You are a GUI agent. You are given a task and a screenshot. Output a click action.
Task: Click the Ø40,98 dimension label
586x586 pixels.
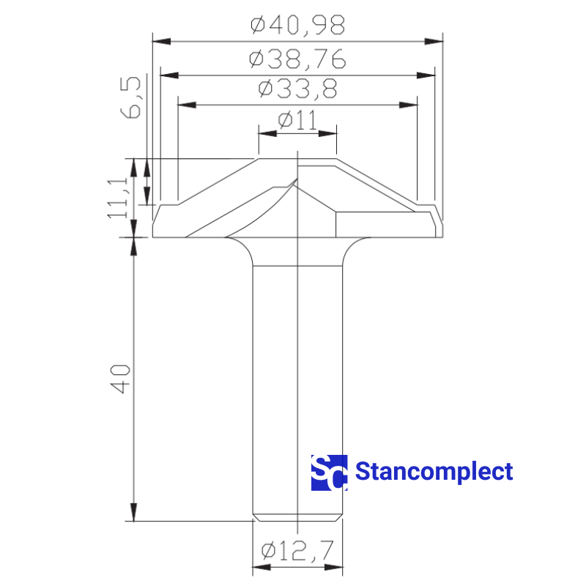(x=298, y=26)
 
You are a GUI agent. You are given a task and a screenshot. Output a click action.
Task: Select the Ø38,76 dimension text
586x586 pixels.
(x=298, y=59)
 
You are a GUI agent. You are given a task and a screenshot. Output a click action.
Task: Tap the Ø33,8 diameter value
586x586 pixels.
(x=298, y=89)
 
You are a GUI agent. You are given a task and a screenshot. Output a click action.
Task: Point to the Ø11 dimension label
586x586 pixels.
(x=298, y=120)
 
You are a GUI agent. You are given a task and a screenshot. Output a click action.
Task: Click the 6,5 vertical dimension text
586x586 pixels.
(x=130, y=98)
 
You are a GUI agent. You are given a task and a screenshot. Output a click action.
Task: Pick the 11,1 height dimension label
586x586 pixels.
(x=118, y=198)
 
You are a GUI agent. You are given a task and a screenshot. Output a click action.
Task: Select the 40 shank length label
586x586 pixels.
(x=120, y=379)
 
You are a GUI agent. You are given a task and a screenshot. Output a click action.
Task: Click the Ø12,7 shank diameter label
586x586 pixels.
(x=297, y=550)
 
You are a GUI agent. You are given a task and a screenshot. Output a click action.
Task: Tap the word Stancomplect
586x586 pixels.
(x=434, y=472)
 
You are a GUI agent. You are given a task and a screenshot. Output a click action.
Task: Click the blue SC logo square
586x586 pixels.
(x=329, y=472)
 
